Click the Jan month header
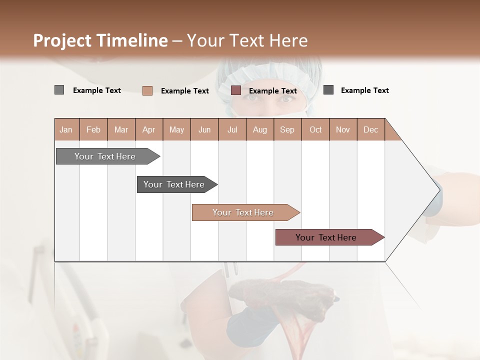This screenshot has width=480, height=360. [66, 129]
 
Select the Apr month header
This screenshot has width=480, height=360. [148, 129]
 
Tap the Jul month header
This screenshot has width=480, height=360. [232, 129]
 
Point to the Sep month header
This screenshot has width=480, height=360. [287, 129]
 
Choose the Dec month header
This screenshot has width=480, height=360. [370, 129]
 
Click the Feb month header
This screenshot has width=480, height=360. [93, 129]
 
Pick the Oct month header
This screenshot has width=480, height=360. [315, 129]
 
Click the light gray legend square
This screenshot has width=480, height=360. [59, 90]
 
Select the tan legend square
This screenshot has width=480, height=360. [147, 90]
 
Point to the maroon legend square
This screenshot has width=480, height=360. [236, 90]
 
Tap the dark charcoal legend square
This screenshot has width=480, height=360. [328, 90]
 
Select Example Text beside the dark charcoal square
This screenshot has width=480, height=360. [364, 90]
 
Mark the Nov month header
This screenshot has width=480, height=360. [343, 129]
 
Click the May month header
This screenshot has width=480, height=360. [176, 129]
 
